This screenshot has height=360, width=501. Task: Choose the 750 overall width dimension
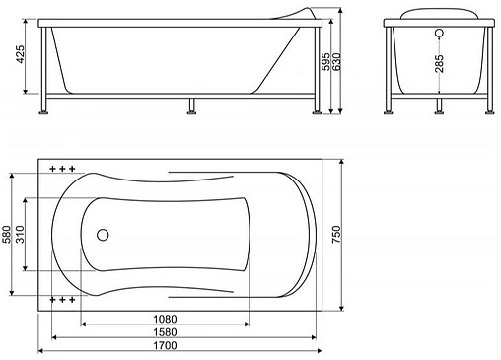point(335,235)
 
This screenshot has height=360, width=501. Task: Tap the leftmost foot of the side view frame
point(43,111)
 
